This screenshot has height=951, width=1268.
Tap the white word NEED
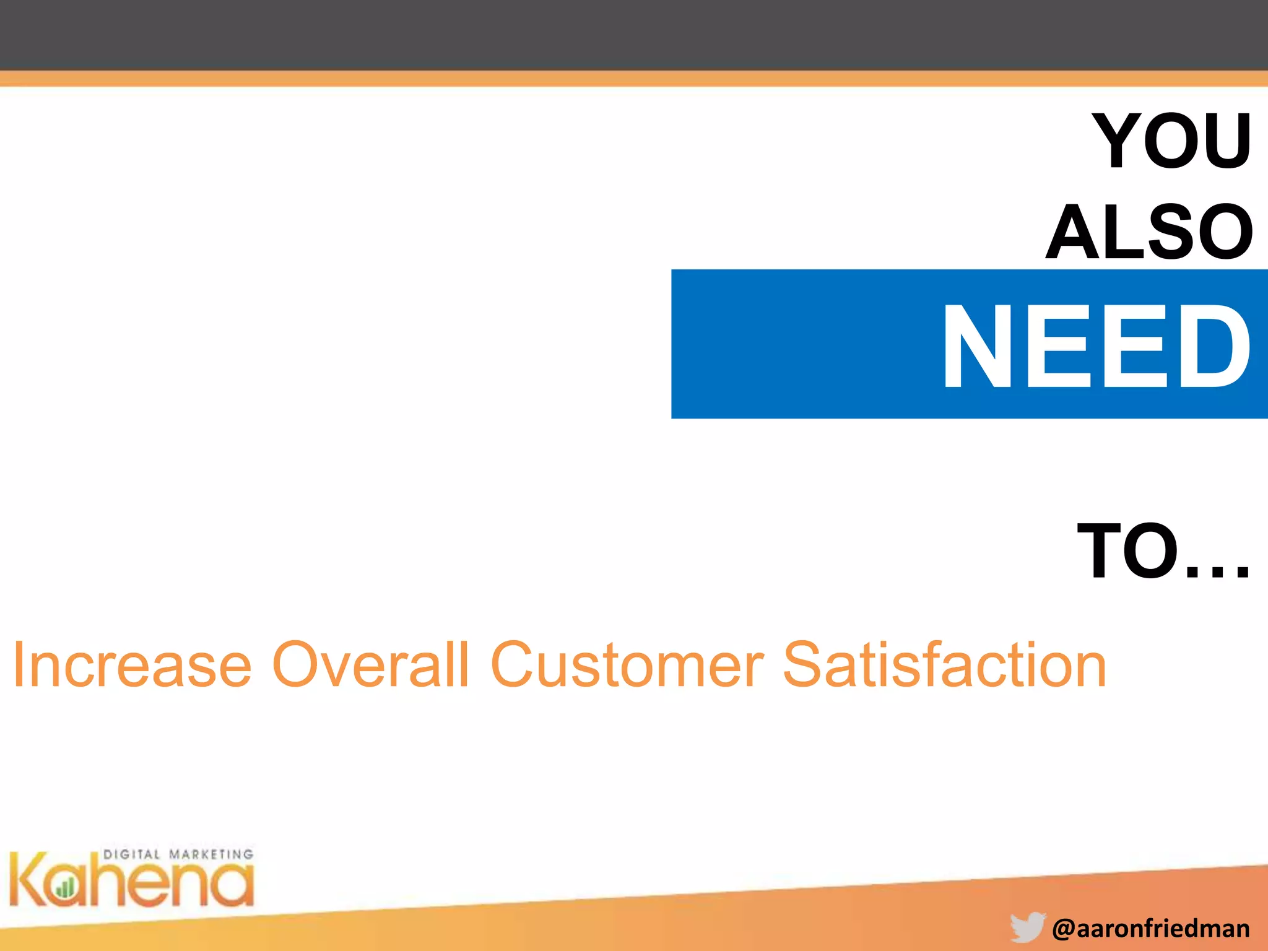pos(1096,347)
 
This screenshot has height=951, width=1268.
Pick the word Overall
pos(370,665)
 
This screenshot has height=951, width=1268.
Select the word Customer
pos(627,665)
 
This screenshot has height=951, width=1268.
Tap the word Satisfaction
pos(944,665)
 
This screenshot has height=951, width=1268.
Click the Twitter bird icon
pos(1028,927)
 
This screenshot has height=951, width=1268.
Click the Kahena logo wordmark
pos(131,879)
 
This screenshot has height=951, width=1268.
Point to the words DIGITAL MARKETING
pos(178,854)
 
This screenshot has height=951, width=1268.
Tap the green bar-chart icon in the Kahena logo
pos(64,889)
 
